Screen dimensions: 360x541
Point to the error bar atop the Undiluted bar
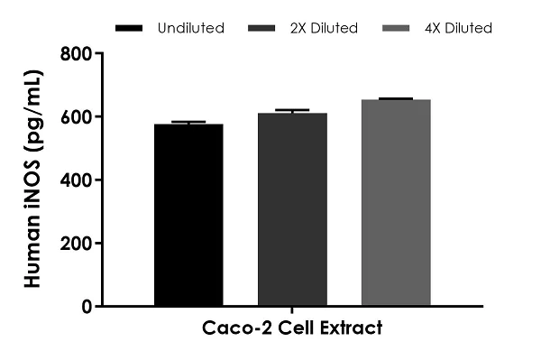pos(188,122)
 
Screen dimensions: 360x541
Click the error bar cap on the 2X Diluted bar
pos(292,110)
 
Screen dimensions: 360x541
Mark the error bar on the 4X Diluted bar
pos(396,98)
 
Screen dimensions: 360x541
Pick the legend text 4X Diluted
pos(459,28)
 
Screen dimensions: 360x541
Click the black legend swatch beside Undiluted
pos(130,29)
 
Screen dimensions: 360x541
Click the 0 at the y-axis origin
pos(86,307)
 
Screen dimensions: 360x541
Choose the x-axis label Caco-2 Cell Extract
pos(291,328)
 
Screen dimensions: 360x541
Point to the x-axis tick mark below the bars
pos(291,310)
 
